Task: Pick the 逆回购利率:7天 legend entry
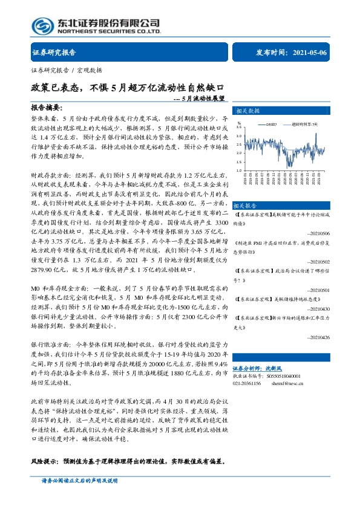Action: [304, 123]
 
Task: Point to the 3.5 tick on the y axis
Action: [239, 128]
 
